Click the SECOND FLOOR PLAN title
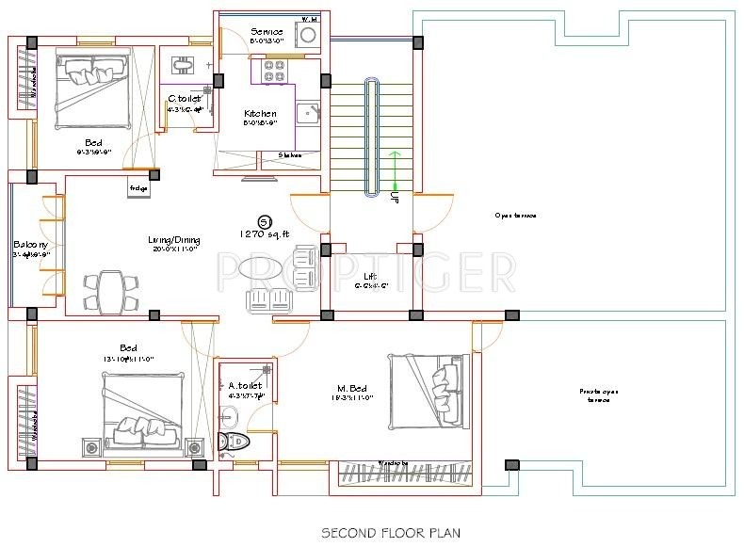[x=391, y=533]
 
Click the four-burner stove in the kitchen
[x=272, y=71]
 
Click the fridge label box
[x=139, y=188]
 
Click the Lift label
[x=371, y=277]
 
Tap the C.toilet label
[x=185, y=98]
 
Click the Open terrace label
[x=515, y=216]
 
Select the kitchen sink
[x=307, y=114]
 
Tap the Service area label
[x=267, y=32]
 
